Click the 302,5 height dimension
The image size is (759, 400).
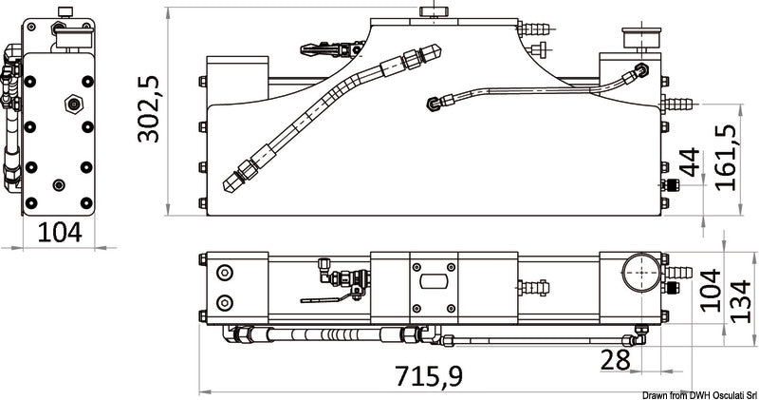point(148,109)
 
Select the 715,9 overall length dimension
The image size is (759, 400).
point(429,375)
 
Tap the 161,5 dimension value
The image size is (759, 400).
point(726,158)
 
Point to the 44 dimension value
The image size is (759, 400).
point(690,162)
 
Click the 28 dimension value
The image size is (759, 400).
point(615,360)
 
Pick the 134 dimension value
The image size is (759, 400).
point(741,301)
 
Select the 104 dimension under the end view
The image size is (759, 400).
point(60,232)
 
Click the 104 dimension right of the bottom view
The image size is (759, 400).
point(710,291)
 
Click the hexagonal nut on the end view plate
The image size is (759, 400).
point(74,104)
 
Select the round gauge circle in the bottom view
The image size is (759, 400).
point(641,273)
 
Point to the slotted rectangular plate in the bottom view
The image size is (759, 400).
point(434,280)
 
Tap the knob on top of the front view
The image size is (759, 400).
point(434,12)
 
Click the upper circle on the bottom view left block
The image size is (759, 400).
point(225,273)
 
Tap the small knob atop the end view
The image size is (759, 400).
point(65,11)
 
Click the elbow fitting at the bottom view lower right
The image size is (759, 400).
point(639,335)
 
